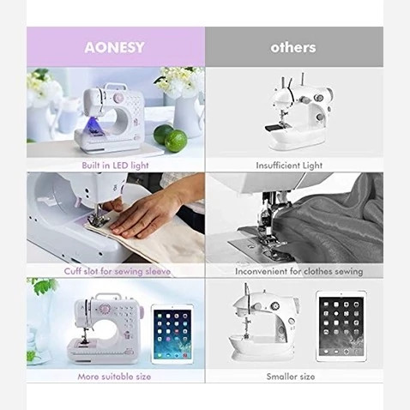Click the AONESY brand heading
[x=114, y=47]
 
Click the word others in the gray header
[x=293, y=47]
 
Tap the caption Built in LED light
[x=115, y=166]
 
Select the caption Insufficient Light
[x=289, y=166]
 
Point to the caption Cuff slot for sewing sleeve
[x=118, y=271]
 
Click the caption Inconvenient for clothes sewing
[x=298, y=271]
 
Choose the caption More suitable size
[x=114, y=377]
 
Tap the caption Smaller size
[x=291, y=377]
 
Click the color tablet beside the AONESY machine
[x=172, y=335]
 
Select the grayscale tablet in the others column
[x=341, y=327]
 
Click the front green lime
[x=176, y=141]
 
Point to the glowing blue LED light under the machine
[x=95, y=126]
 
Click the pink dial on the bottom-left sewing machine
[x=104, y=310]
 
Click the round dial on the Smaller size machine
[x=275, y=306]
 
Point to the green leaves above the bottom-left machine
[x=44, y=286]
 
